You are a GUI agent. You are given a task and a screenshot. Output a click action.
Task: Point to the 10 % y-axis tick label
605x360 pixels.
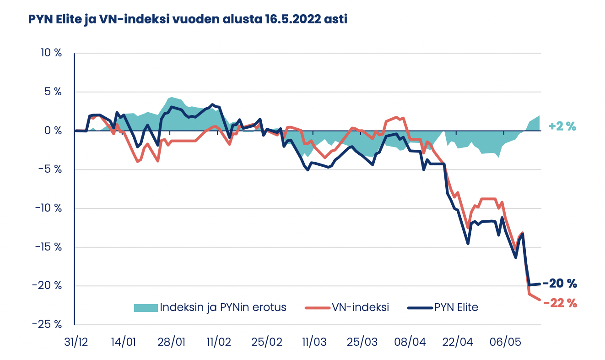click(51, 53)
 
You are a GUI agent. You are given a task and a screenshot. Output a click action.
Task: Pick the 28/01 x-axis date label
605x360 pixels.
click(171, 343)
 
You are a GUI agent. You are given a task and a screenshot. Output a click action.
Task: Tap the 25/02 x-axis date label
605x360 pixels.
click(266, 343)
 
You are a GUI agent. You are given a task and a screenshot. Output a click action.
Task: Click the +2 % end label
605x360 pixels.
click(562, 127)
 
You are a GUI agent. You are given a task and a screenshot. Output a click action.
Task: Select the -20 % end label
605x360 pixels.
click(560, 284)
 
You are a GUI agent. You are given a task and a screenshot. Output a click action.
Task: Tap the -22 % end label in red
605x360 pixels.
click(560, 303)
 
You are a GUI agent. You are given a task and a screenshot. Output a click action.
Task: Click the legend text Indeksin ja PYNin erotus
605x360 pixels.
click(223, 307)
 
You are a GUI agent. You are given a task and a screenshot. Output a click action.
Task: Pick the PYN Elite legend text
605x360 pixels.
click(455, 307)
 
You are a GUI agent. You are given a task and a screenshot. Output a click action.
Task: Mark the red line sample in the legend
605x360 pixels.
click(318, 308)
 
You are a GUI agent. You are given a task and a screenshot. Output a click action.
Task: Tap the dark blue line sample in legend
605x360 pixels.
click(420, 308)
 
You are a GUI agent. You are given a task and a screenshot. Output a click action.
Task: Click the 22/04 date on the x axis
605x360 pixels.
click(457, 343)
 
